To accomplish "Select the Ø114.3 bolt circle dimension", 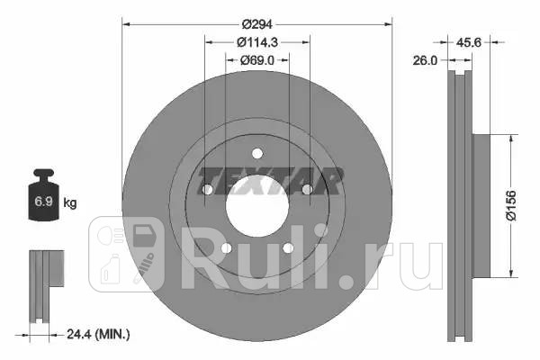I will pyautogui.click(x=257, y=42).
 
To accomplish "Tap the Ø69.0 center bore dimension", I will pyautogui.click(x=257, y=59).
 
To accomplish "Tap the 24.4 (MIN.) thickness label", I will pyautogui.click(x=99, y=334).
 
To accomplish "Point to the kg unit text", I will pyautogui.click(x=70, y=203).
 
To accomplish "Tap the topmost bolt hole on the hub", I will pyautogui.click(x=256, y=154).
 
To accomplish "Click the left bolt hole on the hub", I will pyautogui.click(x=206, y=191).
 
